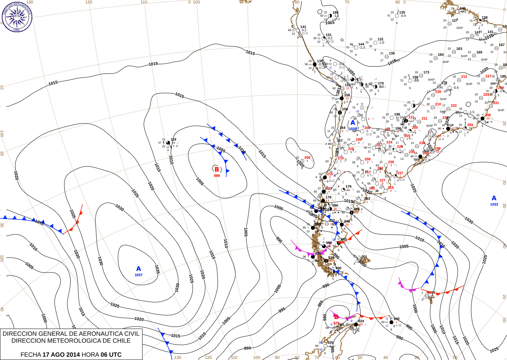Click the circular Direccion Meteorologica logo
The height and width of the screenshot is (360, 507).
click(17, 16)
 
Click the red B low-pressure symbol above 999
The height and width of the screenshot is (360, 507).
click(217, 169)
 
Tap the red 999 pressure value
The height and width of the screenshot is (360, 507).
click(217, 176)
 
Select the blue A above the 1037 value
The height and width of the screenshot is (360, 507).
click(139, 269)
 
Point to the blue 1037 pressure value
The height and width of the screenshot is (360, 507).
click(139, 275)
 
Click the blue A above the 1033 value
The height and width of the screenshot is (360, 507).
click(494, 198)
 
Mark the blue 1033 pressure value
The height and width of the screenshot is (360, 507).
click(494, 205)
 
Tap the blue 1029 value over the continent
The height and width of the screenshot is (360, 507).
click(353, 129)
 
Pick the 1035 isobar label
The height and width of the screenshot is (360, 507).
click(157, 269)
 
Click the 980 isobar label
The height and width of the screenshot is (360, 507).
click(325, 317)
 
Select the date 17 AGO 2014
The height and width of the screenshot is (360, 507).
click(61, 355)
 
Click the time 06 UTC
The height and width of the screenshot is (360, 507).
click(111, 355)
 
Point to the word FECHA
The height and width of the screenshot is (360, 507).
click(31, 355)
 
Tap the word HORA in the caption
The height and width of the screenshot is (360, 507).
click(90, 355)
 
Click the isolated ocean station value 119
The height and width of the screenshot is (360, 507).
click(173, 139)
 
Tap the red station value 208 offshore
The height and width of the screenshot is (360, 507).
click(307, 158)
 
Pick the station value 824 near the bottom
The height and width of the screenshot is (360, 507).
click(361, 321)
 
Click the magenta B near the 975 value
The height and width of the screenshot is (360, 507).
click(336, 317)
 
